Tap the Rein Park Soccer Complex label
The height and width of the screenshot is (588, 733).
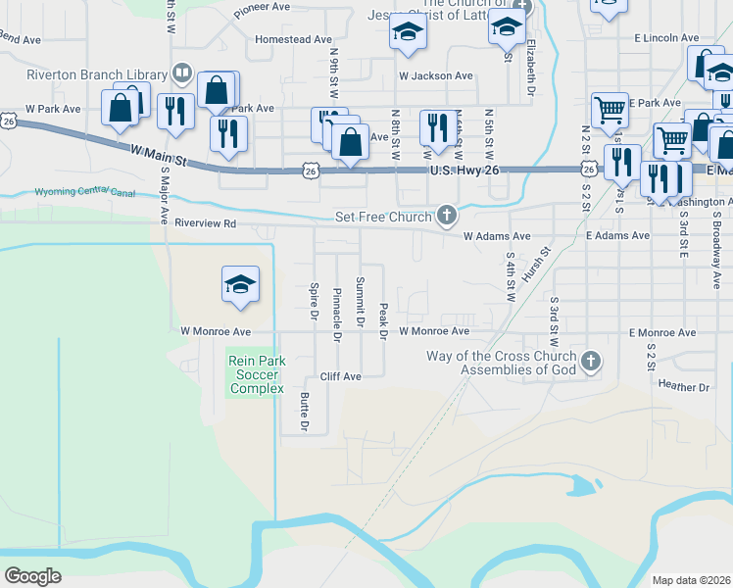click(x=257, y=374)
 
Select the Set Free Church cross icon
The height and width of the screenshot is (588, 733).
click(x=447, y=215)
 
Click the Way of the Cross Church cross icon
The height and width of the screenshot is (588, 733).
click(x=590, y=363)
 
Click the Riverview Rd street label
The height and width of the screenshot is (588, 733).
click(x=206, y=223)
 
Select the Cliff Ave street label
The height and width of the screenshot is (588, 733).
click(x=341, y=376)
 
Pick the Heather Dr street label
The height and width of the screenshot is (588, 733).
click(x=684, y=387)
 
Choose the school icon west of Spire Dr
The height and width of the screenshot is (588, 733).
click(x=240, y=286)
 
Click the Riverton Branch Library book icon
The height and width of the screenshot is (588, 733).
click(x=181, y=73)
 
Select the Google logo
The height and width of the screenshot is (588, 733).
click(x=32, y=576)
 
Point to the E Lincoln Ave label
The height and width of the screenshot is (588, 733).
click(x=666, y=37)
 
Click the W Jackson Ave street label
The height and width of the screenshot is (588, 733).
click(x=435, y=75)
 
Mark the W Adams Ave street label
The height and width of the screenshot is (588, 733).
click(x=497, y=236)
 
